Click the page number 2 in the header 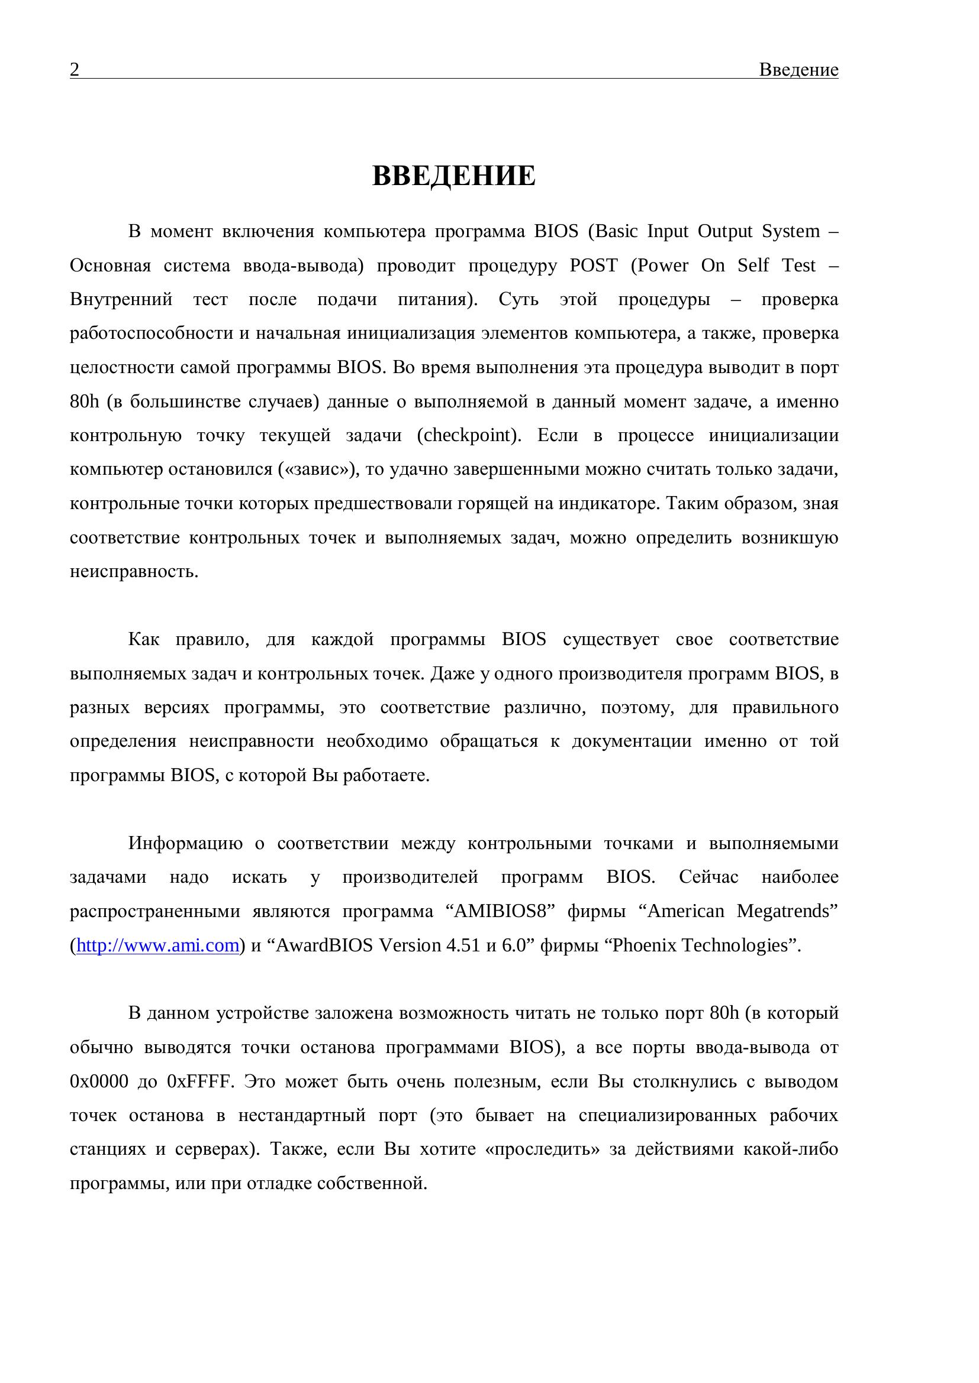[74, 70]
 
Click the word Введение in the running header [798, 70]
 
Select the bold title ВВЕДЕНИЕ [453, 176]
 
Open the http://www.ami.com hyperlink [158, 945]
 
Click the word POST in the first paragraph [594, 265]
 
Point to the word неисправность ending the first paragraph [134, 571]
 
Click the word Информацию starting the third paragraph [186, 843]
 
